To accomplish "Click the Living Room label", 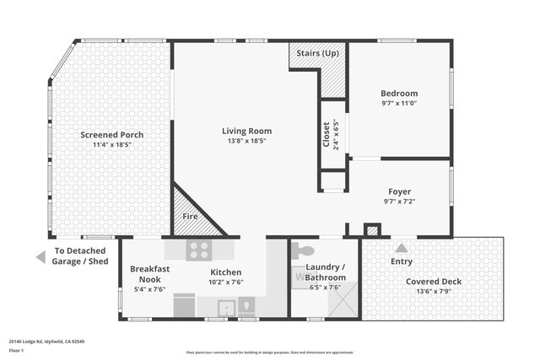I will coord(246,131).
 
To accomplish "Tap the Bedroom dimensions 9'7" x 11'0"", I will coord(399,104).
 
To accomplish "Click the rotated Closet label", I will coord(327,135).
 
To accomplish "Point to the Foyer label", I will coord(399,191).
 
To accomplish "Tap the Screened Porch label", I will coord(111,135).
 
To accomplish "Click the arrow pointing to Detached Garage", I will coord(40,257).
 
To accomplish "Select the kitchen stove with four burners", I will coord(199,250).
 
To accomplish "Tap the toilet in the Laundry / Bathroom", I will coord(304,250).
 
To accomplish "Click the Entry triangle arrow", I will coord(402,248).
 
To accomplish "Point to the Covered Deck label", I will coord(434,282).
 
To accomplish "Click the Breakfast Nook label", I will coord(150,274).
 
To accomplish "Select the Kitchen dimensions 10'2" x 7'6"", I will coord(226,283).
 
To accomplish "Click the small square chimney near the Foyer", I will coord(372,229).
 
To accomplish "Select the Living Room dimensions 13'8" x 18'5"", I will coord(246,141).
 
